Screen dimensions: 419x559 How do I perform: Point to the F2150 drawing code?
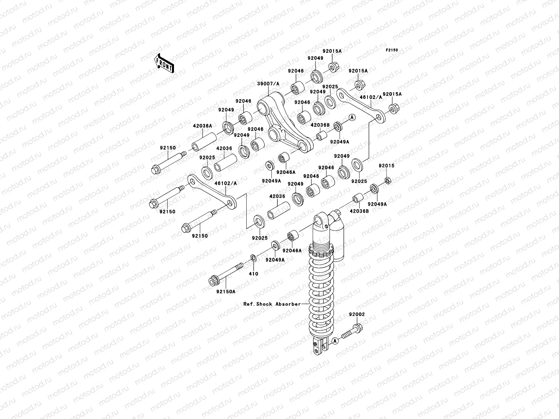point(392,50)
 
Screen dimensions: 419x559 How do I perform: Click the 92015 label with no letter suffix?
point(386,166)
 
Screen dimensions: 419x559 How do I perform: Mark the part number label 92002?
point(356,314)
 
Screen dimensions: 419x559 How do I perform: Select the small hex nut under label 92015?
point(387,181)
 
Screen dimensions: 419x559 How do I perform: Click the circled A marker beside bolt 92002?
point(334,340)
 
